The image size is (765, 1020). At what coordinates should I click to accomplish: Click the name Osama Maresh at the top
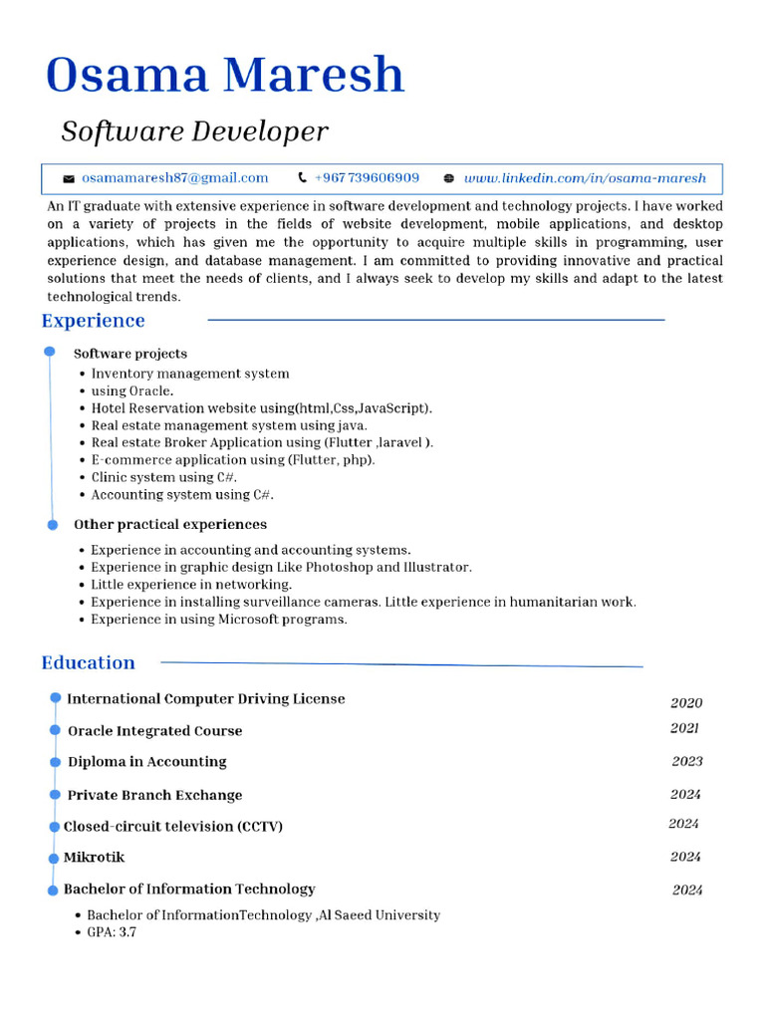click(225, 76)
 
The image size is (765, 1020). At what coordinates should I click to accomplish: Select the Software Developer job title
click(194, 131)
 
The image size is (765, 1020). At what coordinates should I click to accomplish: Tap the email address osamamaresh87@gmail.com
click(175, 178)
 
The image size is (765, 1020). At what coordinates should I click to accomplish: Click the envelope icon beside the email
click(69, 179)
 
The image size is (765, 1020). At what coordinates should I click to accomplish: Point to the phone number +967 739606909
click(367, 178)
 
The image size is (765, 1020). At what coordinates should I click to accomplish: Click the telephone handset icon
click(302, 178)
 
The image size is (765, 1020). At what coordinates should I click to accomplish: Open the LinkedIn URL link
click(585, 178)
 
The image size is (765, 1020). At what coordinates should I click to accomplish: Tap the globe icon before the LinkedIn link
click(448, 179)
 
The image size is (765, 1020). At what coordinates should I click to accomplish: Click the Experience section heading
click(93, 321)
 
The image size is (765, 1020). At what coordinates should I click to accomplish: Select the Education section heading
click(88, 663)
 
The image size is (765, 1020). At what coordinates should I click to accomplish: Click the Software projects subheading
click(130, 354)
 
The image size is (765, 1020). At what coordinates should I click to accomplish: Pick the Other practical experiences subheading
click(170, 525)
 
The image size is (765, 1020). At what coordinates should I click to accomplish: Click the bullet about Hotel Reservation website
click(261, 408)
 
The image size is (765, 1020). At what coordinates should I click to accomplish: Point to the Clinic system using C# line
click(164, 477)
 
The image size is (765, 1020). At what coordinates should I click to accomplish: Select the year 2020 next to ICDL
click(686, 702)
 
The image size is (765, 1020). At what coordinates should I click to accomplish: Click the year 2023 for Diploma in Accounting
click(687, 761)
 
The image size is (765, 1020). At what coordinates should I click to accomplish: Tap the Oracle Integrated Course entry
click(154, 731)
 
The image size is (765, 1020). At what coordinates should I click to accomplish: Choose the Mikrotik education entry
click(95, 858)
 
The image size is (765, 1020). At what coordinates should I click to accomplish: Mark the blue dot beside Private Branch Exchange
click(55, 795)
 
